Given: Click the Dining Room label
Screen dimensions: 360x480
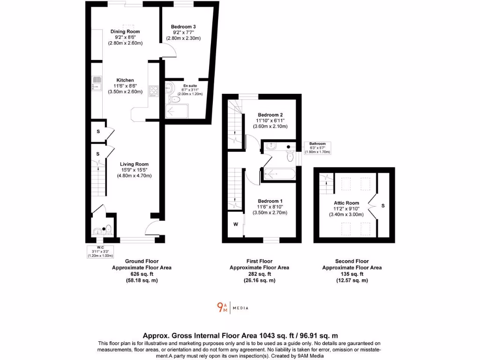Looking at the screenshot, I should pyautogui.click(x=125, y=32).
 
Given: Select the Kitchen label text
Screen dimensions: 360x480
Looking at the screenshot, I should pyautogui.click(x=125, y=80).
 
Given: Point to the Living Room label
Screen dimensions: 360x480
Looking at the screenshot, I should pyautogui.click(x=134, y=164).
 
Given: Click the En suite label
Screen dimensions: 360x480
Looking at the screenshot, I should pyautogui.click(x=189, y=86).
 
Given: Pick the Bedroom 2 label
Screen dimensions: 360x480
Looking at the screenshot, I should pyautogui.click(x=270, y=114).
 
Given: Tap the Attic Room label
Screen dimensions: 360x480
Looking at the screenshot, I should pyautogui.click(x=346, y=203).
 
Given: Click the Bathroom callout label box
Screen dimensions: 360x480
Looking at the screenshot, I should pyautogui.click(x=317, y=148).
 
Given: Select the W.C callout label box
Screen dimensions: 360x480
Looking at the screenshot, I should pyautogui.click(x=100, y=251).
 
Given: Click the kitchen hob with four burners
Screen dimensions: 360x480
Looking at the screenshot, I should pyautogui.click(x=154, y=90).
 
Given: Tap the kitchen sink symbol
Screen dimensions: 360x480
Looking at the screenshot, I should pyautogui.click(x=96, y=83).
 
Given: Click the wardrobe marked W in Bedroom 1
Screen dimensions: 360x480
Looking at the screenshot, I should pyautogui.click(x=235, y=224).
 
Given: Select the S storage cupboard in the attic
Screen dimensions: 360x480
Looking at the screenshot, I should pyautogui.click(x=383, y=205).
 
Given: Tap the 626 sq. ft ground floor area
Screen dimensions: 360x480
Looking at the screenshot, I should pyautogui.click(x=142, y=274).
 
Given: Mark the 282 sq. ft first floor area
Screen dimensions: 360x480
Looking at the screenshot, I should pyautogui.click(x=259, y=274).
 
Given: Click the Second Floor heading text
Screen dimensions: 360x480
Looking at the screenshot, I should pyautogui.click(x=352, y=261).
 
